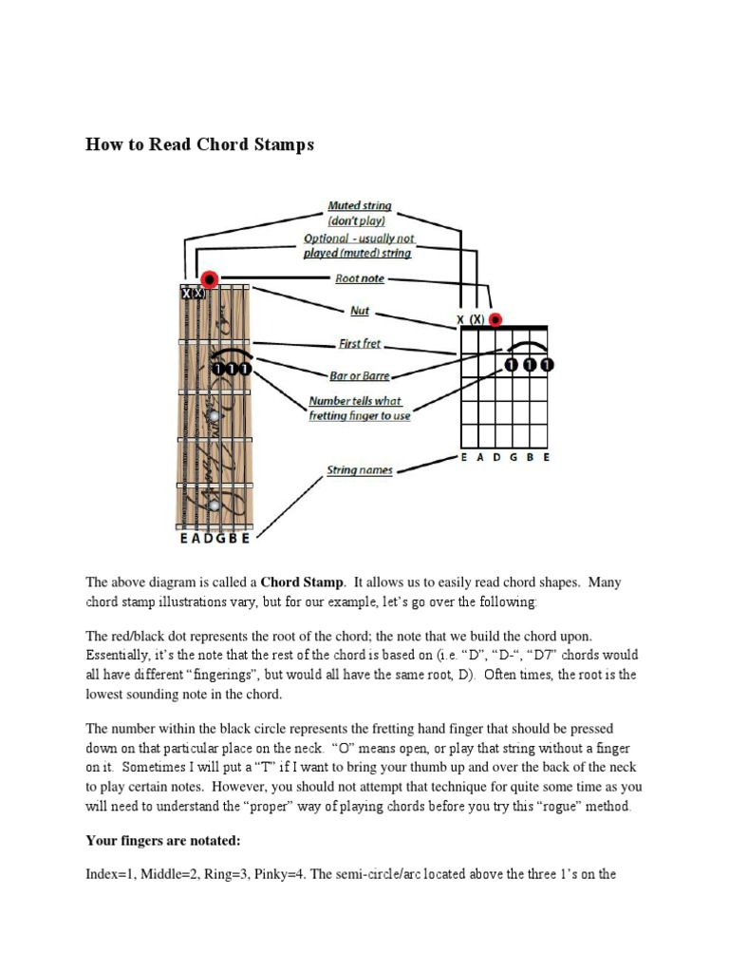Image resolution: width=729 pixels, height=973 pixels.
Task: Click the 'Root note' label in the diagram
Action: (359, 279)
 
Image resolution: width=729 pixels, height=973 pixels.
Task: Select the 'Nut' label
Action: (360, 311)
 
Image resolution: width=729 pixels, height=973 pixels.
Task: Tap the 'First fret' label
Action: (360, 344)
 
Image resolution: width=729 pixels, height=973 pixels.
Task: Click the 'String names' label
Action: (359, 470)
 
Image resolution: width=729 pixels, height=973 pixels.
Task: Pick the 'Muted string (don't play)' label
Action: (359, 213)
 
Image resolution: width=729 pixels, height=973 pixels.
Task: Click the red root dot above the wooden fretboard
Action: (210, 279)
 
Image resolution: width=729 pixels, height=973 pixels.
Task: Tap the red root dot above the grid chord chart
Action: (495, 319)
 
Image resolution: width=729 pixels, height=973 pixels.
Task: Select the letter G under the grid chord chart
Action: (514, 457)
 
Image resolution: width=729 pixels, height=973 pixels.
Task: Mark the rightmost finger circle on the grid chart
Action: (547, 365)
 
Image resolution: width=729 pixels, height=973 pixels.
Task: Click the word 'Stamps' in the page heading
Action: (279, 144)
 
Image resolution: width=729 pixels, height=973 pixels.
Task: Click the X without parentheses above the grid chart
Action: (460, 320)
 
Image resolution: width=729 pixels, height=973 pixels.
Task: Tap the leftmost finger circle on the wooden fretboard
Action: (218, 369)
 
